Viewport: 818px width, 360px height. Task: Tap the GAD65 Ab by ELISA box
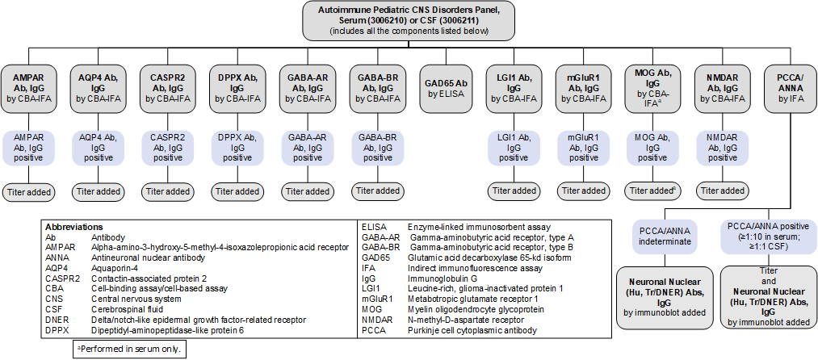tap(445, 87)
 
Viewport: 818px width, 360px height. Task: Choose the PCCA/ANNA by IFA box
tap(791, 87)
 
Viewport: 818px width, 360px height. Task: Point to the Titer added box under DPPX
tap(237, 191)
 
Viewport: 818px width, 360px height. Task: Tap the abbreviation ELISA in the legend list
tap(375, 228)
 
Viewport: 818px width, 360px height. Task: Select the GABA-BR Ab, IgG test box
tap(375, 87)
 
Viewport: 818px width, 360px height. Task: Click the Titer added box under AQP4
tap(98, 191)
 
